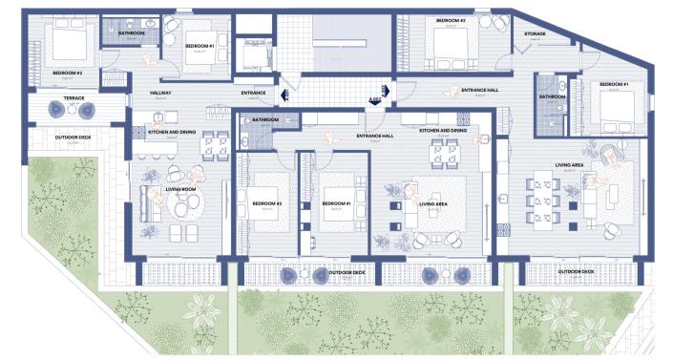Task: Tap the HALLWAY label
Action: (160, 93)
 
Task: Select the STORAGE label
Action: (535, 33)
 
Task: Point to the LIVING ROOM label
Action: (180, 189)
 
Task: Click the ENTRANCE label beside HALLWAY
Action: (253, 93)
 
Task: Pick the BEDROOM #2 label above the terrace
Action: (68, 73)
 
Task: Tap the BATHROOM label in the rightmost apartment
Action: (552, 96)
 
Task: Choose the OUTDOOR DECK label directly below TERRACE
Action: (73, 138)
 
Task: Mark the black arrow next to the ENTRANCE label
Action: (284, 94)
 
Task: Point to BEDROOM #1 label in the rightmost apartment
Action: (613, 85)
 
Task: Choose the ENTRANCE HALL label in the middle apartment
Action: (375, 137)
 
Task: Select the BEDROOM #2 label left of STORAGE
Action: (451, 20)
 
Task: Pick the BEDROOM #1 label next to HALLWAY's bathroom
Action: (199, 45)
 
